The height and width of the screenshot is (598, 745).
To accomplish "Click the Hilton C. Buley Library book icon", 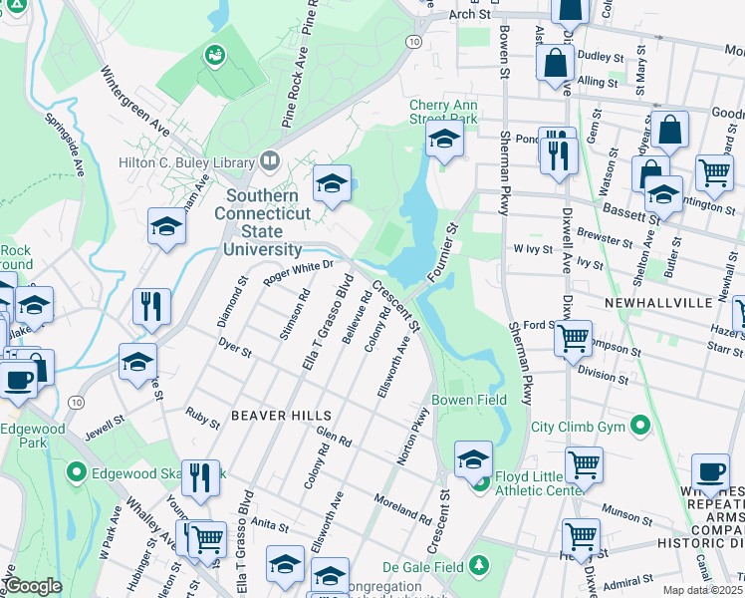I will tap(269, 159).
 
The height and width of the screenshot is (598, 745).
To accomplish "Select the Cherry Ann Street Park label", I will tap(443, 112).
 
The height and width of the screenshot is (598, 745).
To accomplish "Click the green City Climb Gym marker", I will tap(641, 427).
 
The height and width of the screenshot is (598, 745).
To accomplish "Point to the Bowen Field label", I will tap(462, 400).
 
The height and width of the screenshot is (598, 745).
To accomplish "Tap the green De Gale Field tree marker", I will tap(479, 565).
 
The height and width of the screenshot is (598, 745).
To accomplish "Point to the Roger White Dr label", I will tap(297, 273).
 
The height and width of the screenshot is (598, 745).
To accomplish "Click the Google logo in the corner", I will tap(33, 586).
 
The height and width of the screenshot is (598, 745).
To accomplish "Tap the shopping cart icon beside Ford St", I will tap(574, 338).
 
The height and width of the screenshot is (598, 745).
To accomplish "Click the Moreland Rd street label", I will tap(401, 509).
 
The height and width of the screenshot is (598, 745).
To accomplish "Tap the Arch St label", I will tap(470, 15).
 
